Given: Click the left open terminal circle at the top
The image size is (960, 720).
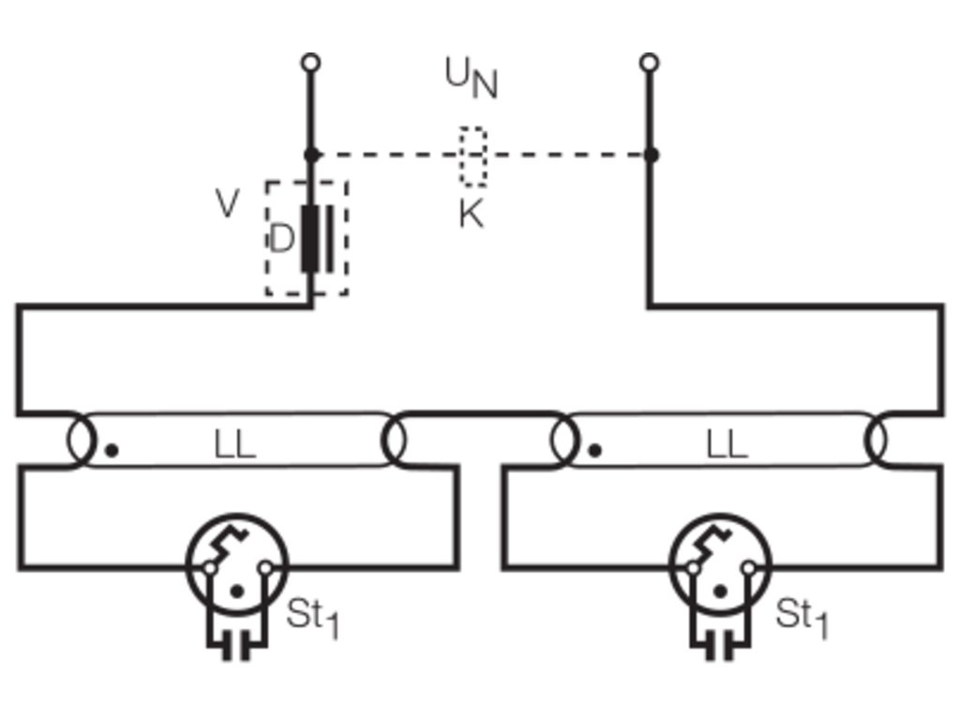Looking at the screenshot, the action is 311,63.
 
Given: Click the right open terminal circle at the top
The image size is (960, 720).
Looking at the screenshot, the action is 649,63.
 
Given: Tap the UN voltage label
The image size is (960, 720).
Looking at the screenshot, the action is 471,78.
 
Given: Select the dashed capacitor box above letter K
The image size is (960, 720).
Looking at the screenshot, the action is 473,128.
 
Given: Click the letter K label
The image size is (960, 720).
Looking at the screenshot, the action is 472,215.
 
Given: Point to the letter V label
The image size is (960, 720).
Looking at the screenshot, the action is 228,202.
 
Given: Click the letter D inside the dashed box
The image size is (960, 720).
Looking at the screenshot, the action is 281,239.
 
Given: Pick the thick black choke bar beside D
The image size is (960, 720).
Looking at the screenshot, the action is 309,239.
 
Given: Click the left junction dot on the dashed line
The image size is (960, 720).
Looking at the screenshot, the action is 311,155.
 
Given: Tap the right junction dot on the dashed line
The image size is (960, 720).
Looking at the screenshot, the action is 651,155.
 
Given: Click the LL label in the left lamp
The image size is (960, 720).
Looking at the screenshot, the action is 235,444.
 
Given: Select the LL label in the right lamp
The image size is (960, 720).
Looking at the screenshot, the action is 727,444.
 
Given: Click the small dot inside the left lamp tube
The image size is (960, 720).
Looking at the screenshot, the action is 112,451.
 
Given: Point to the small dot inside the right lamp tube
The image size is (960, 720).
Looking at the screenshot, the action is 594,451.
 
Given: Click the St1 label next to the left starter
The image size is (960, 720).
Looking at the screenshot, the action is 312,617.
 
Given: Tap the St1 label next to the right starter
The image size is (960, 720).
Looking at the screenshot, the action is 802,617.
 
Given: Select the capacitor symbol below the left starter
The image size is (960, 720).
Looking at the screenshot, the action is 236,647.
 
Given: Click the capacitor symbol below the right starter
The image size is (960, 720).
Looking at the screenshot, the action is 720,647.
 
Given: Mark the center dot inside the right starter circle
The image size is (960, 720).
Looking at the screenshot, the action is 721,592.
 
